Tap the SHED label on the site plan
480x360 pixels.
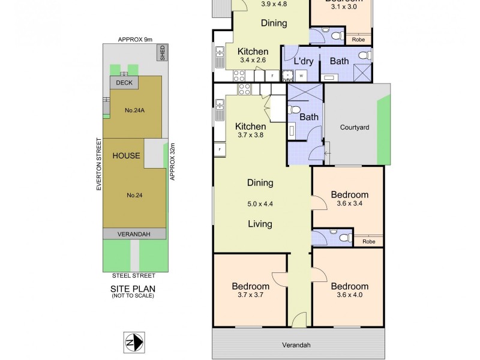162,54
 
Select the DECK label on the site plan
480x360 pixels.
124,83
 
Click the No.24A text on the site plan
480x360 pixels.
133,110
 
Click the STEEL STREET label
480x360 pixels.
133,275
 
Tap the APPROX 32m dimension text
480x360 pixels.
172,161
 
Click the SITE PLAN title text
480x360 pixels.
133,289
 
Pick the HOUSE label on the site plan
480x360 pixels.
127,156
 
